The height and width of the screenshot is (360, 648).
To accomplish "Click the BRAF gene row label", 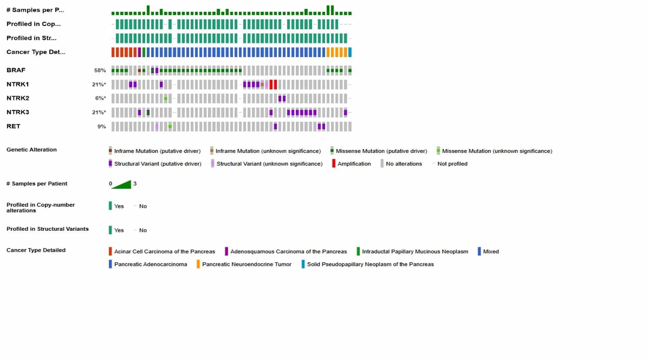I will coord(16,70).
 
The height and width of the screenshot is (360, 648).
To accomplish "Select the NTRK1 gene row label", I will coord(18,84).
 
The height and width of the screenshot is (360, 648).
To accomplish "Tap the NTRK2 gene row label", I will coord(18,98).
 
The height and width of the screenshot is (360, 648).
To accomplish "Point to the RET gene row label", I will coord(13,126).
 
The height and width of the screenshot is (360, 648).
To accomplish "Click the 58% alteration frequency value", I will coord(100,71).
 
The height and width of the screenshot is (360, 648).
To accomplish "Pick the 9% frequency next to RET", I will coord(102,127).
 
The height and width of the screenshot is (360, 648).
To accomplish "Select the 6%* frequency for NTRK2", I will coord(100,98).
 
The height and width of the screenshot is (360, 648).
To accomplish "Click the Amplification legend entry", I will coord(354,164).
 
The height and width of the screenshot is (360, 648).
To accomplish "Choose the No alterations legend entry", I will coord(404,164).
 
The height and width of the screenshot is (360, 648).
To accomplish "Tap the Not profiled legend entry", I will coord(452,164).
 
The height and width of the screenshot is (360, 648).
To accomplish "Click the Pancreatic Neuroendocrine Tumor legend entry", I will coord(247,264).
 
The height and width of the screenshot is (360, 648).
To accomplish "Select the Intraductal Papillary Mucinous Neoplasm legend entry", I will coord(415,252).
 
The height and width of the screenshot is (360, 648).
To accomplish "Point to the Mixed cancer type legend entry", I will coord(491,252).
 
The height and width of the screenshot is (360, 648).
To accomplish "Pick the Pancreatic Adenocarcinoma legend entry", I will coord(150,264).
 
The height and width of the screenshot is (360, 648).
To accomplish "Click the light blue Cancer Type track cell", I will coord(350,52).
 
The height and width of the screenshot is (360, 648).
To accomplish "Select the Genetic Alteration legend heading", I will coord(31,150).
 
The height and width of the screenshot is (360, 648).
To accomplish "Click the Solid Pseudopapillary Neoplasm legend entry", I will coord(370,264).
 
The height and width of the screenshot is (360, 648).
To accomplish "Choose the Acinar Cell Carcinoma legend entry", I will coord(165,252).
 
